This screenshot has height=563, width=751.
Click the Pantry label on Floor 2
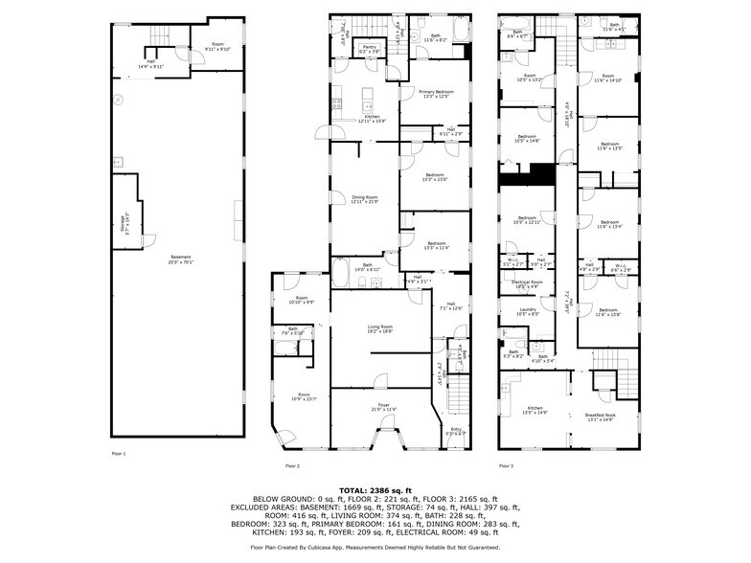(x=369, y=48)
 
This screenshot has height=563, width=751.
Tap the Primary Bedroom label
(x=436, y=94)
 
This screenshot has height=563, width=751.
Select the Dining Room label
(x=365, y=200)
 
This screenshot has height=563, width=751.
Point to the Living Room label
(x=380, y=330)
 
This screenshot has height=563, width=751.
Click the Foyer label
(x=383, y=407)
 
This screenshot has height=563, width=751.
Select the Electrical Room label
(x=527, y=284)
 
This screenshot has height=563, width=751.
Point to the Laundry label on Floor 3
(x=527, y=311)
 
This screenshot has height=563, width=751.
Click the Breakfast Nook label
(x=601, y=417)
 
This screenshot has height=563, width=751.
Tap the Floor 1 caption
(x=118, y=453)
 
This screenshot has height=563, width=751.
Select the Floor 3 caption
(x=506, y=466)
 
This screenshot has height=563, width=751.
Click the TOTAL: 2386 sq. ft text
(x=375, y=490)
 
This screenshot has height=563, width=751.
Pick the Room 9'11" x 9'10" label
(x=218, y=47)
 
